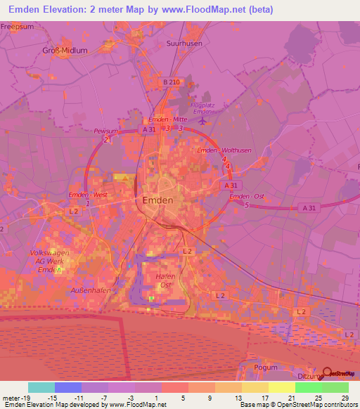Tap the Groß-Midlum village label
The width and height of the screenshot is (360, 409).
tap(65, 51)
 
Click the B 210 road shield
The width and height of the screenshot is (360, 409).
tap(172, 82)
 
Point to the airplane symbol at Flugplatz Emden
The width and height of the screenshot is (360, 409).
tap(222, 120)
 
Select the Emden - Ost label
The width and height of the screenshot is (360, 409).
tap(245, 195)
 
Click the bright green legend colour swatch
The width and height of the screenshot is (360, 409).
tap(308, 387)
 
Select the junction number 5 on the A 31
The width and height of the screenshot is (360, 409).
tap(247, 204)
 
